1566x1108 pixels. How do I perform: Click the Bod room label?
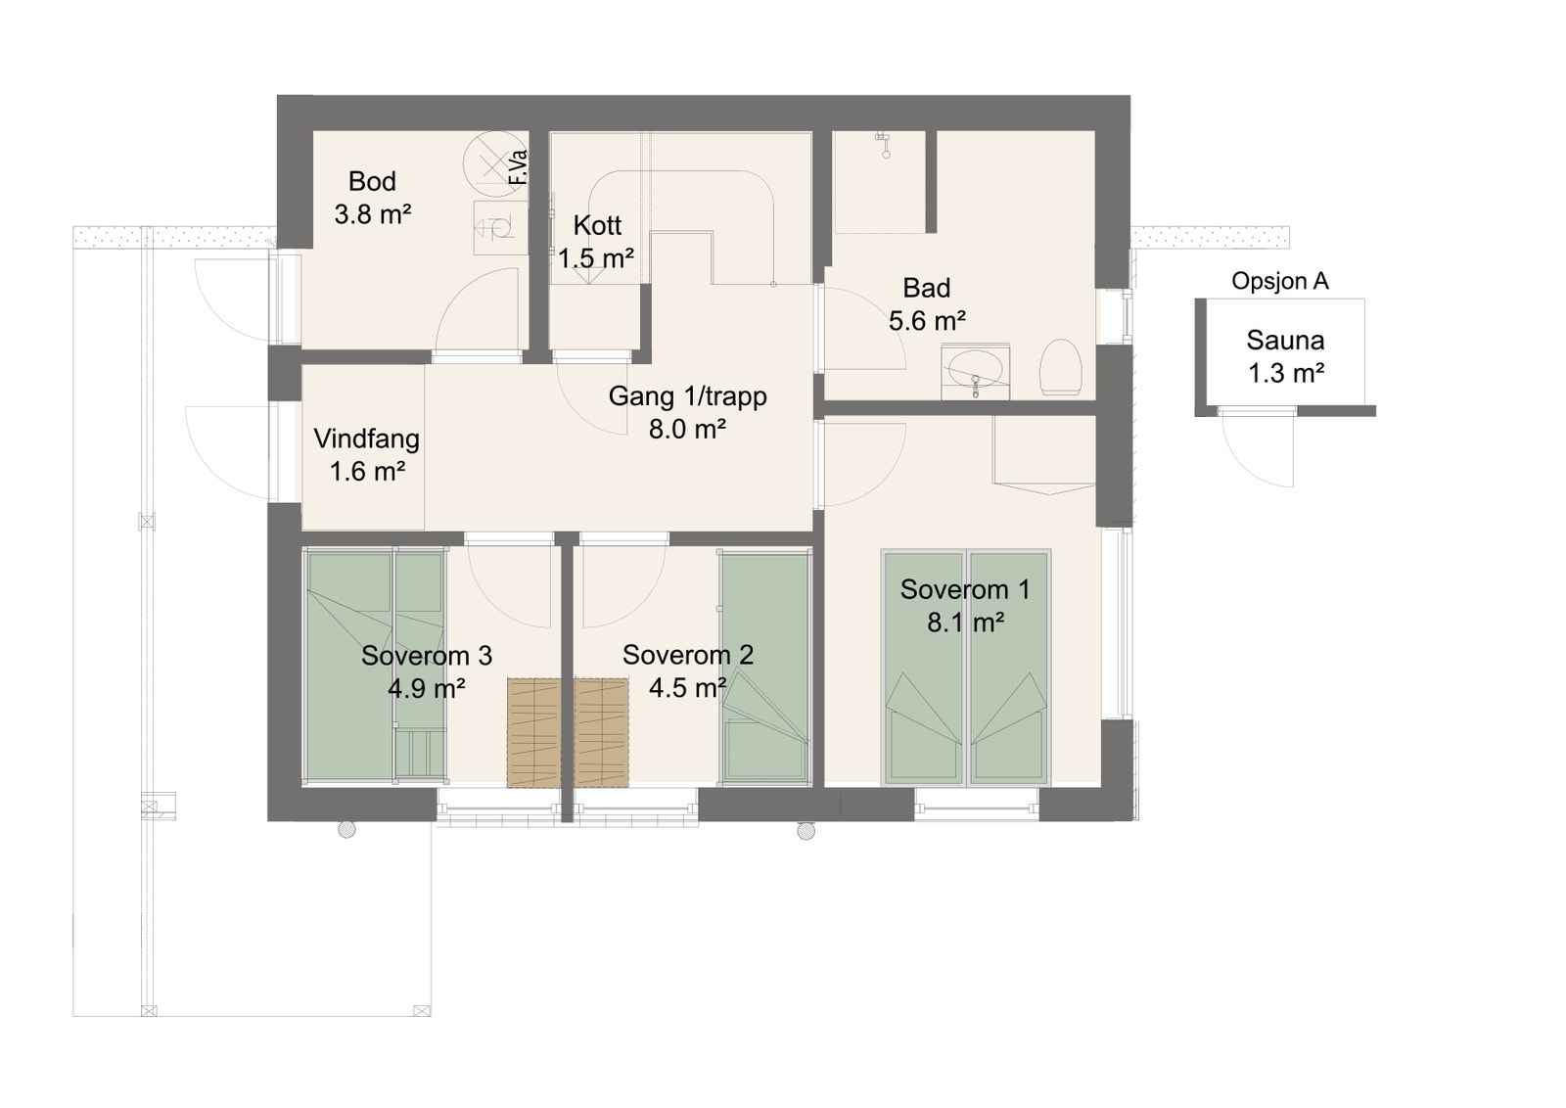pos(372,182)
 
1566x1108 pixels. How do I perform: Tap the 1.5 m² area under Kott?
pos(596,258)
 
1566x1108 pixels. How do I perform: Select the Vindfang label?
pos(366,439)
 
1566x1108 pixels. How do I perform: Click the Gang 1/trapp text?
pos(687,396)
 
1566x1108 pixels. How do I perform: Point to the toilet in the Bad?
pos(1060,368)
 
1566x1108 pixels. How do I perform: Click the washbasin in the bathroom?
pos(974,372)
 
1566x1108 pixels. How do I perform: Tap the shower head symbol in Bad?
pos(885,145)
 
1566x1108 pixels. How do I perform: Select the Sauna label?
pos(1285,341)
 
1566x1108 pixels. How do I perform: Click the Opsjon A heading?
pos(1279,282)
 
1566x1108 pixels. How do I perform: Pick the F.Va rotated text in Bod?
pos(519,167)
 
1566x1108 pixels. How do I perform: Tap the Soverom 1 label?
pos(964,589)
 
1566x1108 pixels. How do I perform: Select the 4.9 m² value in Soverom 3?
pos(426,688)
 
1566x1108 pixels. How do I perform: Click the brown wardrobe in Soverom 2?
pos(601,732)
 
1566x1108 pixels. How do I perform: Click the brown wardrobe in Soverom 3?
pos(533,732)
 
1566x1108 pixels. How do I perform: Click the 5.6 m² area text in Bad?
pos(927,321)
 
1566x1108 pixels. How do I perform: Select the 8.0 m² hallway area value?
pos(687,429)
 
